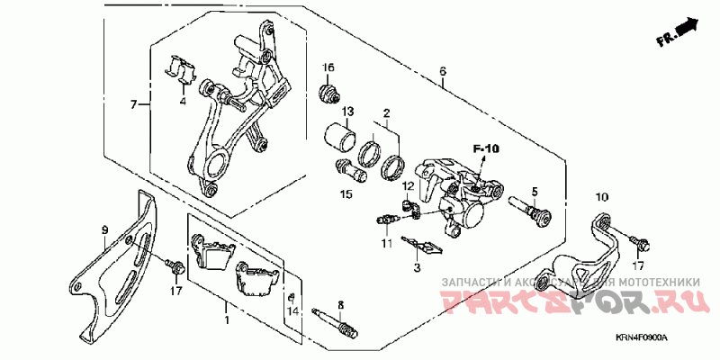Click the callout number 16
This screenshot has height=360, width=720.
point(329,68)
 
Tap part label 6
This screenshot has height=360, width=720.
point(443,70)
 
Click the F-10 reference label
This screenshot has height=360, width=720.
point(487,148)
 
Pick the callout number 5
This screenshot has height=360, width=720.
point(533,192)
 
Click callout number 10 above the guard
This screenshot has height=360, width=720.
point(602,195)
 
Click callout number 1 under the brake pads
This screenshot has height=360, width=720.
point(227,319)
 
